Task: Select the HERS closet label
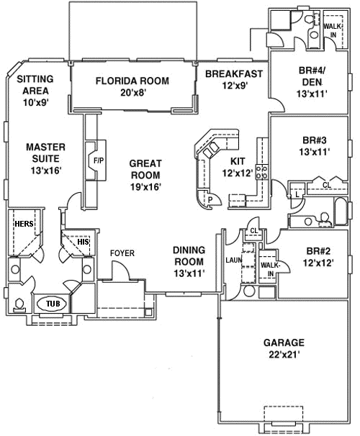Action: pos(24,224)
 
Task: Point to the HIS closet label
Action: pos(83,242)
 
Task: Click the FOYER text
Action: pos(122,253)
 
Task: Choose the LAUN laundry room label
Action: pos(233,260)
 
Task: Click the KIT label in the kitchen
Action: pos(238,161)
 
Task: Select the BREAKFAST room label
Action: pos(233,74)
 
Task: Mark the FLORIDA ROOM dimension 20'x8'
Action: pos(132,93)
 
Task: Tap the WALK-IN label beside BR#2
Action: pos(270,270)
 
